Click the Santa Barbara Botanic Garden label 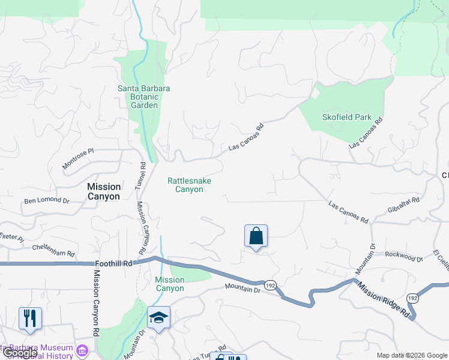(143, 97)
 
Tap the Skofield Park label (347, 118)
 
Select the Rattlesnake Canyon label (189, 185)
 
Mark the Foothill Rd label (113, 263)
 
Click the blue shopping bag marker (256, 236)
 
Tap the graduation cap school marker (158, 318)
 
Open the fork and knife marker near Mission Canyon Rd (30, 318)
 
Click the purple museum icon (83, 349)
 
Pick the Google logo (19, 353)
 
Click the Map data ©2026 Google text (412, 355)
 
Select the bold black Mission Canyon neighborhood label (104, 191)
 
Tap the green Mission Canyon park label (169, 284)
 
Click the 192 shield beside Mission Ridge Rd (412, 298)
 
